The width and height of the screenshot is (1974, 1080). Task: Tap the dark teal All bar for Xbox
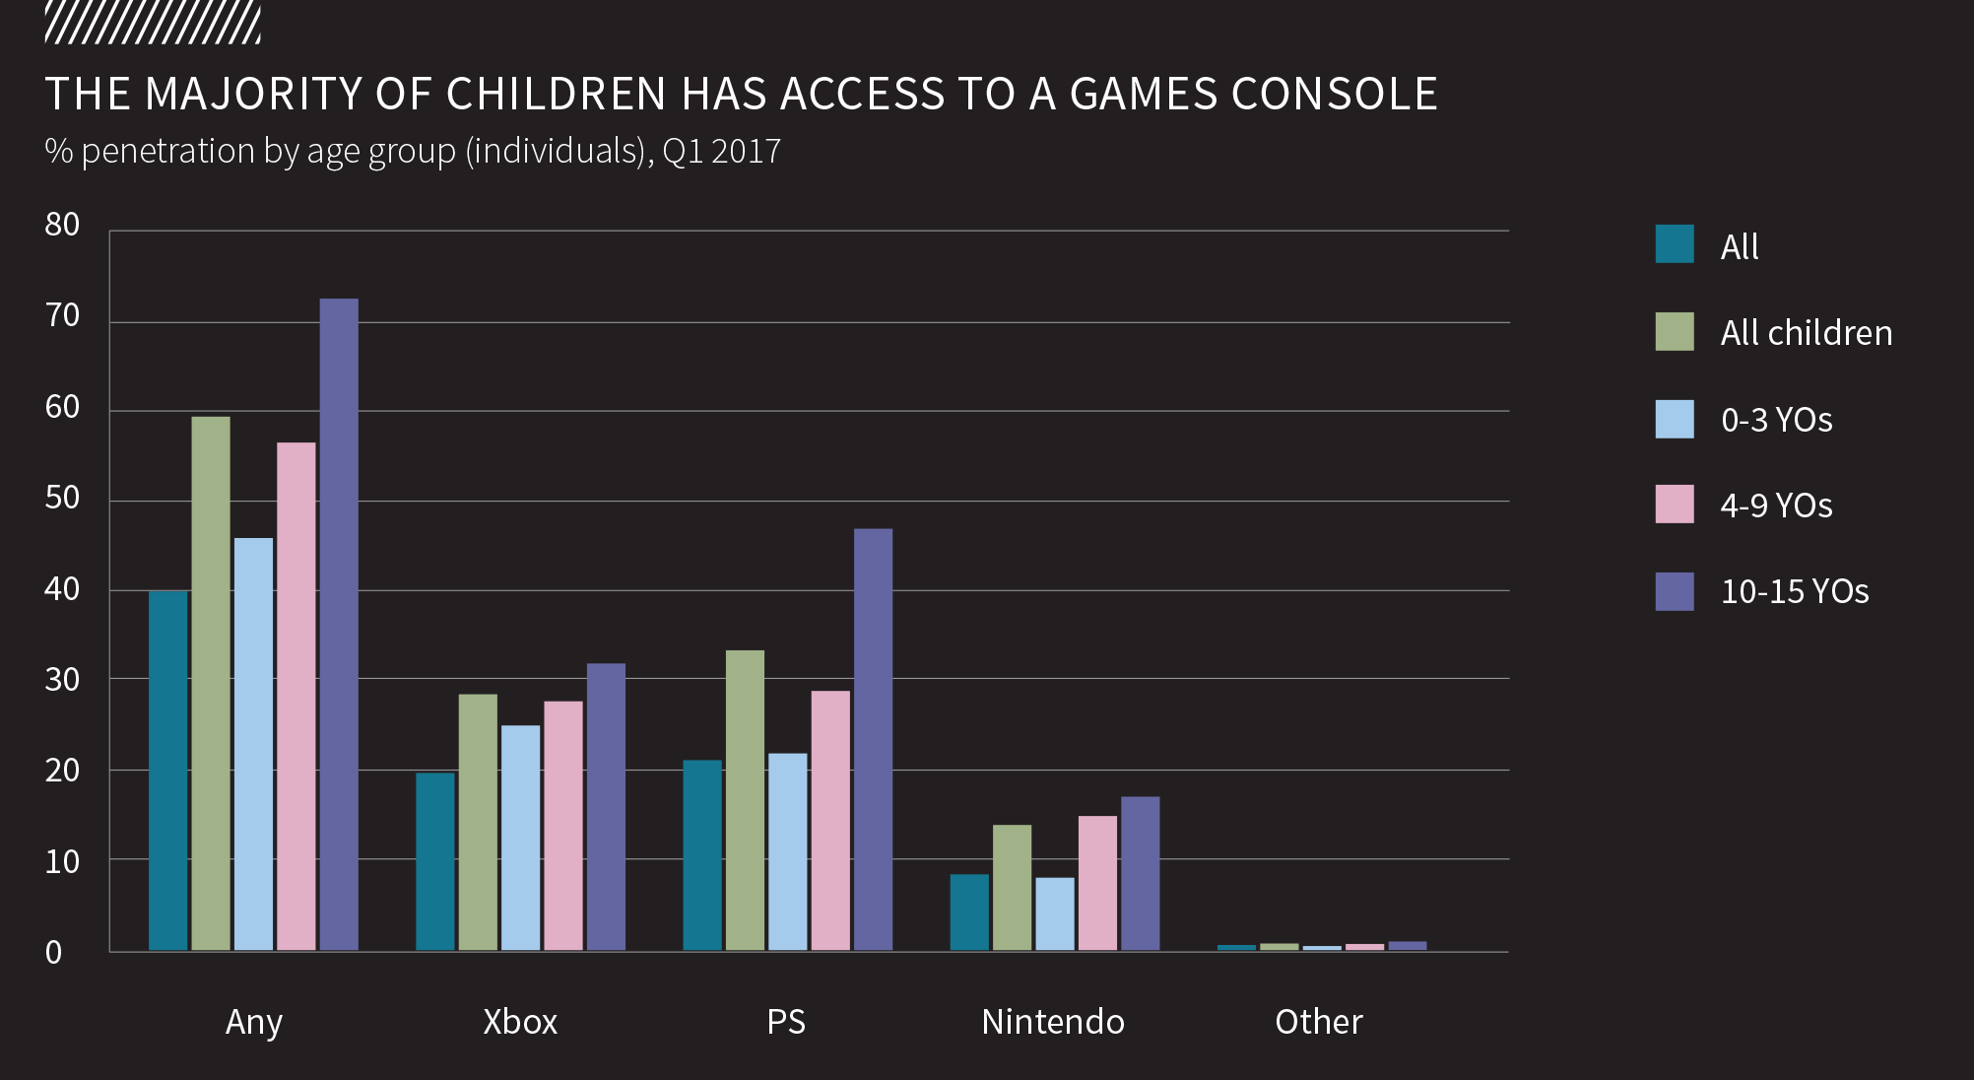click(435, 861)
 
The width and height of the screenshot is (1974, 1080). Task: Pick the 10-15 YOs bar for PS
click(873, 739)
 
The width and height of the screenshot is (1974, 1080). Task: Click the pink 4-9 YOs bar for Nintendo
click(1097, 883)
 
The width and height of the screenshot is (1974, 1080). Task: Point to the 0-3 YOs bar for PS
click(787, 851)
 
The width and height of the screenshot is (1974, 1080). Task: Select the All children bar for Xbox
click(478, 822)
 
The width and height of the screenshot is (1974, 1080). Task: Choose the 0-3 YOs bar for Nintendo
click(1055, 913)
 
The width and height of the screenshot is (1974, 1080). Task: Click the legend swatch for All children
click(1675, 332)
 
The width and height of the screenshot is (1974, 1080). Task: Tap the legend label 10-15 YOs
click(1794, 591)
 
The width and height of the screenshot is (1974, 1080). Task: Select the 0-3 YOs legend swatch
click(1675, 419)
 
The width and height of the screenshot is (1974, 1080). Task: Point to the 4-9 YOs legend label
click(1776, 506)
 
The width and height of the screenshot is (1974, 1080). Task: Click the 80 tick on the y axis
click(62, 225)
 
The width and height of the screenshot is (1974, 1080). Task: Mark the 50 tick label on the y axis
click(62, 498)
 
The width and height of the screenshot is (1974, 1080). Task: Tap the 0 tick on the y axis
click(53, 953)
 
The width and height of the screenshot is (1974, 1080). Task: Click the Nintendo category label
click(1053, 1022)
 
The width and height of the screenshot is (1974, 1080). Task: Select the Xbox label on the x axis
click(520, 1022)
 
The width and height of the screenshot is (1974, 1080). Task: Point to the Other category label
click(1319, 1022)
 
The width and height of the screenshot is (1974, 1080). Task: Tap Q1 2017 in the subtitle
click(721, 152)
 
